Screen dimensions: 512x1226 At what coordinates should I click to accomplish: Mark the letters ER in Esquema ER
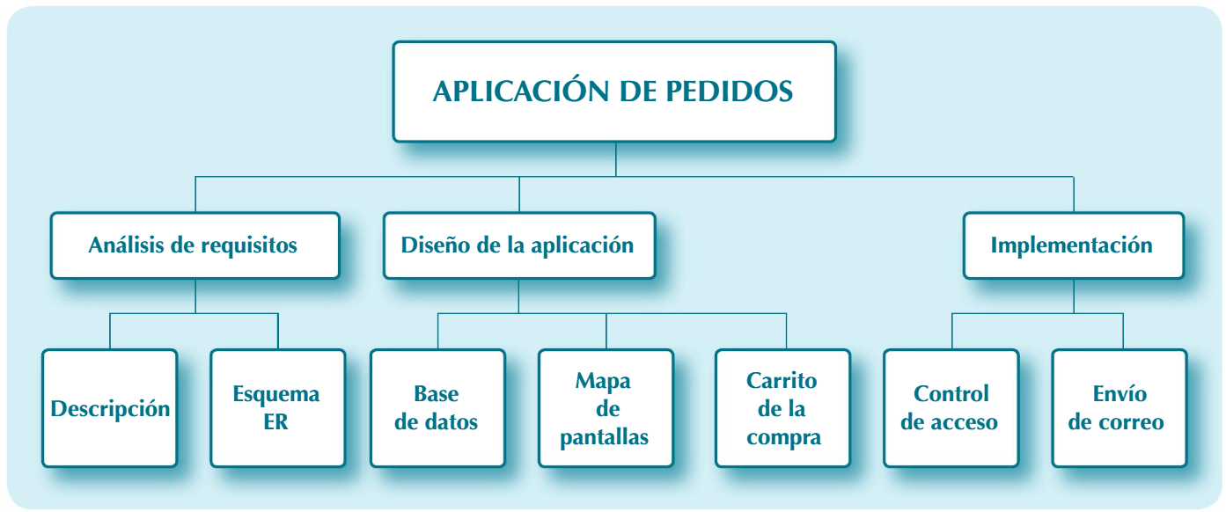click(275, 422)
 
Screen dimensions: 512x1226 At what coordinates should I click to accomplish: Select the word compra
click(783, 437)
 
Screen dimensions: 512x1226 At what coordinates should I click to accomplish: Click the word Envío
click(1120, 393)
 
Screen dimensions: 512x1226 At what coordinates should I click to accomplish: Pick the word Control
click(951, 393)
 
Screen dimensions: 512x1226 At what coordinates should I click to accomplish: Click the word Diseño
click(431, 245)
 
